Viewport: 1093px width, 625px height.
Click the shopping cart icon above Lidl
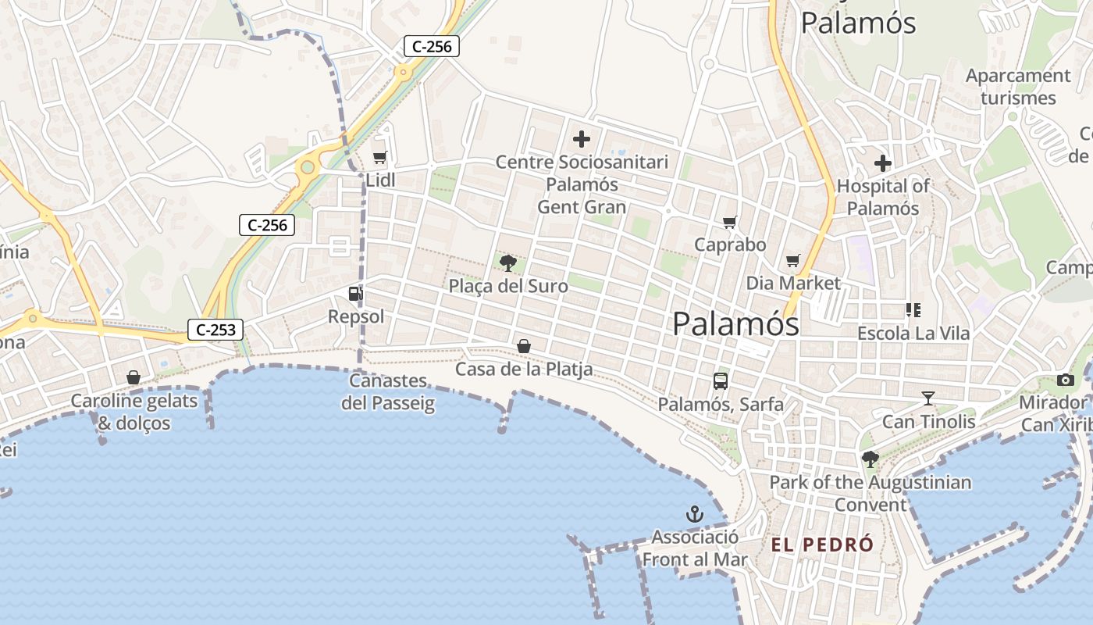tap(380, 158)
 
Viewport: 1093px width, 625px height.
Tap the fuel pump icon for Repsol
tap(355, 294)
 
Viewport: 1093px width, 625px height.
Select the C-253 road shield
tap(215, 330)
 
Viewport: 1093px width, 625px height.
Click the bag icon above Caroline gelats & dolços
tap(134, 378)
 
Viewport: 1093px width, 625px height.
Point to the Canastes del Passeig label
tap(388, 392)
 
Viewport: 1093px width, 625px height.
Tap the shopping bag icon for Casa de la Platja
tap(524, 345)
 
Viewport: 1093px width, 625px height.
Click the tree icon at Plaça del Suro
tap(508, 262)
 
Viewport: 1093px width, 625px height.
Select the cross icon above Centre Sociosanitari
tap(582, 140)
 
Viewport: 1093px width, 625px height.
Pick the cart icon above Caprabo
tap(730, 223)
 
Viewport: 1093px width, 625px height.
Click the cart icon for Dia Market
tap(793, 261)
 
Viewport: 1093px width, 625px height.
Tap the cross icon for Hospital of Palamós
tap(883, 163)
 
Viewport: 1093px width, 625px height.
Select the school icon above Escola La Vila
tap(913, 310)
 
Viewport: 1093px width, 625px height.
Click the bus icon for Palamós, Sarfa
tap(721, 381)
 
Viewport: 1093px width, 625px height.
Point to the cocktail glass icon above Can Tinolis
tap(928, 398)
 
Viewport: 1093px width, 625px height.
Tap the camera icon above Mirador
tap(1066, 380)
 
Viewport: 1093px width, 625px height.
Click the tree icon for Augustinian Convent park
tap(870, 459)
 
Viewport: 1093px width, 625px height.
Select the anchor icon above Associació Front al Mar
tap(694, 514)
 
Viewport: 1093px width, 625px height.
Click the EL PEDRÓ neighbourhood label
tap(822, 545)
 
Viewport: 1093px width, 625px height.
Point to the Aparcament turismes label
tap(1018, 87)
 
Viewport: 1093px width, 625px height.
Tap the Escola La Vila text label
tap(913, 334)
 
